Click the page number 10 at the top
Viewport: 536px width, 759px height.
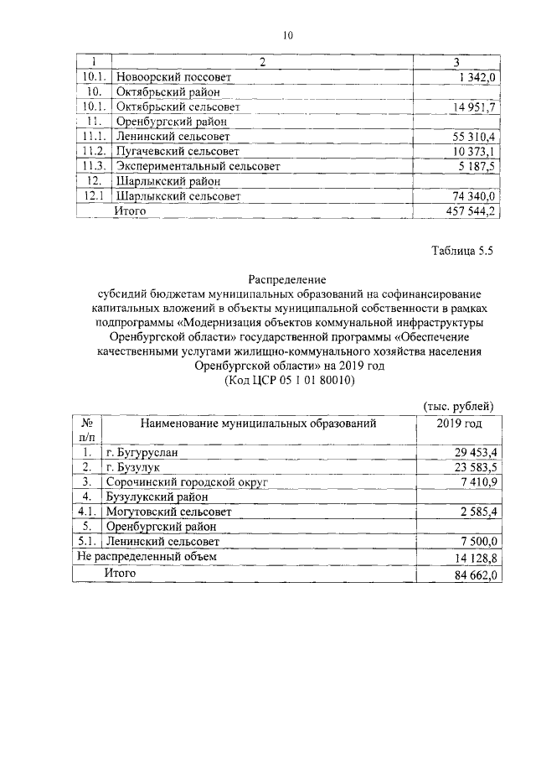click(288, 35)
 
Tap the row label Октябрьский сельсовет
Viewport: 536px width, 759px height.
click(178, 107)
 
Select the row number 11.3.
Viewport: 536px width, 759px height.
click(91, 166)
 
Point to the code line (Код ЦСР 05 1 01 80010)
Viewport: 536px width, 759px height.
click(287, 380)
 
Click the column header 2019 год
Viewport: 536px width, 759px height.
click(459, 424)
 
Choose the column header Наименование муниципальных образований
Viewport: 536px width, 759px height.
click(258, 424)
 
